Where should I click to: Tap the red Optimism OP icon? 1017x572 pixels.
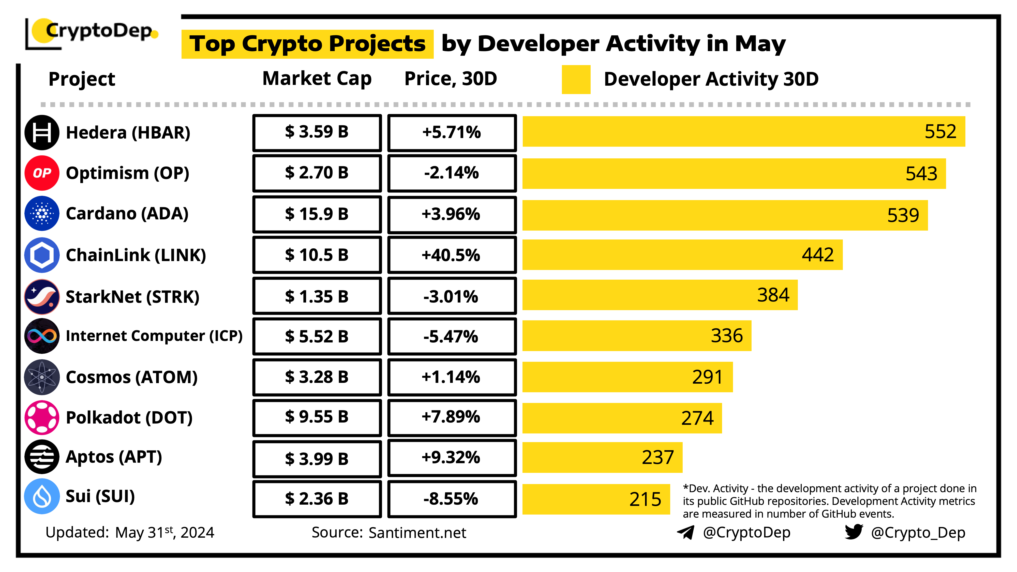[x=42, y=173]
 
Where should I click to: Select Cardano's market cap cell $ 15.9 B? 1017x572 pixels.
[x=317, y=214]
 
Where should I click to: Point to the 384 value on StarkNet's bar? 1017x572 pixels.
[x=773, y=295]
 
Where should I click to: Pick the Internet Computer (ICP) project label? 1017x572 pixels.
[x=154, y=336]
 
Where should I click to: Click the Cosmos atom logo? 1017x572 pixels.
[x=42, y=377]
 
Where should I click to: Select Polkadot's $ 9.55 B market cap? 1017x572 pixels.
[x=317, y=417]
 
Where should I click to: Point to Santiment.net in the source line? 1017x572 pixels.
[x=417, y=533]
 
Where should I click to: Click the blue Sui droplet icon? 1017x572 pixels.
[x=42, y=496]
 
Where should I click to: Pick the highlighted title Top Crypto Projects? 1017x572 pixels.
[x=307, y=44]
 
